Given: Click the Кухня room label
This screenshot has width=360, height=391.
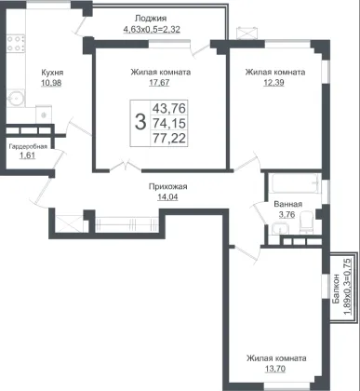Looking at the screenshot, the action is coord(52,73).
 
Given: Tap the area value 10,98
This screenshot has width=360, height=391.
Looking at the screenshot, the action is coord(51,83).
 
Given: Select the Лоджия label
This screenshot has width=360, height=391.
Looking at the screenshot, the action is coord(151,19).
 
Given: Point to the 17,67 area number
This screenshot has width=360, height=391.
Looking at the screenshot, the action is coord(159,83).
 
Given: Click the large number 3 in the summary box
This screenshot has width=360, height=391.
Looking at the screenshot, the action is coord(140,122).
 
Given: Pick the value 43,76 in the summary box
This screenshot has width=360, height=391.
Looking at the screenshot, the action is coord(169,108).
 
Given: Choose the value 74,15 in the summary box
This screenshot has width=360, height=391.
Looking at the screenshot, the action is coord(169,123).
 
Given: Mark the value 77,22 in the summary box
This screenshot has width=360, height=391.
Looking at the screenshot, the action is coord(169,138).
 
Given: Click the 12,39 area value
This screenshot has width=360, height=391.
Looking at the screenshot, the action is coord(273,83).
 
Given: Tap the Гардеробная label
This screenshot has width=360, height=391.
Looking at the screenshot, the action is coord(28,146).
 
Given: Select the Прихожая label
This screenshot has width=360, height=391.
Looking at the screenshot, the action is coord(167,187).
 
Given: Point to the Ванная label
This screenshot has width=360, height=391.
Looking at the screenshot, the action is coord(288,204).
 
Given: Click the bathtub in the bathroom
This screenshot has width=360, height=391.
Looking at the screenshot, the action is coord(296,183).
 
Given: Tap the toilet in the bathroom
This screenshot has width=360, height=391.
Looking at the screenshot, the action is coord(306,222).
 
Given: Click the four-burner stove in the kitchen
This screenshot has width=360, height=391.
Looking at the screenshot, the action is coord(16,44).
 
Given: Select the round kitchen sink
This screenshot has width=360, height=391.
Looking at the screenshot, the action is coord(15,98).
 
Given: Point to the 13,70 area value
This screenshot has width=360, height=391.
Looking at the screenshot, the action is coord(275,369).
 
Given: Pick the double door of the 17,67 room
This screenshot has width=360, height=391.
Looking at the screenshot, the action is coord(126,166).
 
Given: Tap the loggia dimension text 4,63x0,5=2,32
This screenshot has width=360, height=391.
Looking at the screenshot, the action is coord(152,30).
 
